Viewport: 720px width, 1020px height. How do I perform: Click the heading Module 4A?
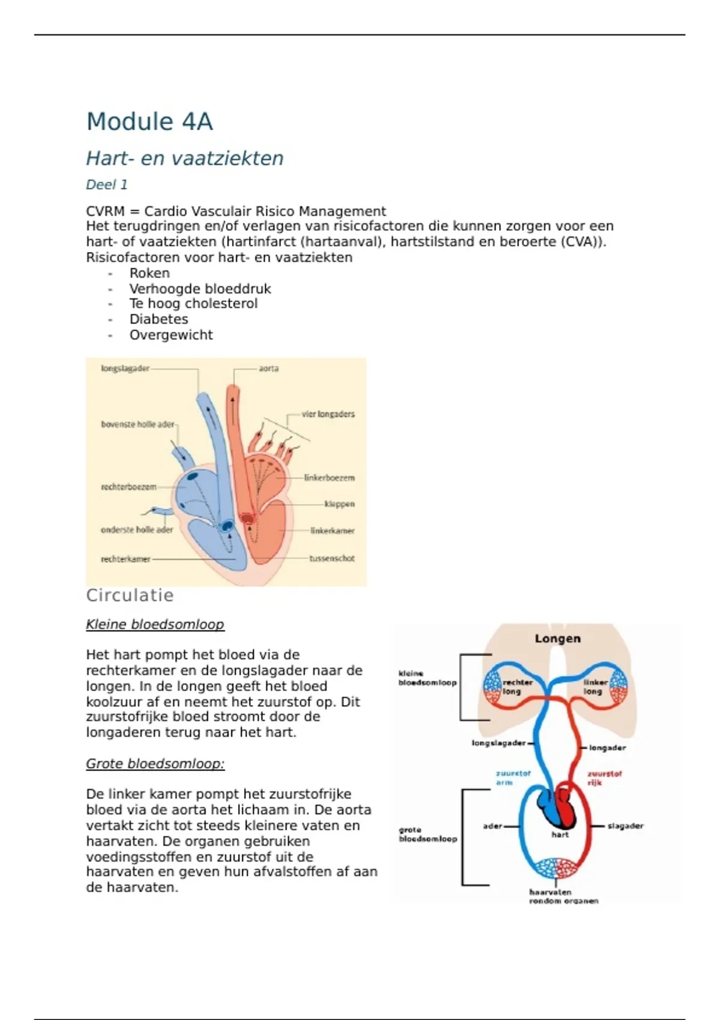pyautogui.click(x=149, y=122)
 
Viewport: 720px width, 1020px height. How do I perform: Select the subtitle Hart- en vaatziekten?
pyautogui.click(x=185, y=158)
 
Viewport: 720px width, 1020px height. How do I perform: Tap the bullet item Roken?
pyautogui.click(x=149, y=273)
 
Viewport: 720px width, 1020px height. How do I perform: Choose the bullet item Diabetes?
pyautogui.click(x=158, y=319)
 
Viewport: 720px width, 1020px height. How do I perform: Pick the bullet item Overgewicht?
pyautogui.click(x=171, y=335)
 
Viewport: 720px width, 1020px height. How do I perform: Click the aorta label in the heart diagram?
pyautogui.click(x=268, y=368)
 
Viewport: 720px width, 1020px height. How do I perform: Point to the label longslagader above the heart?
pyautogui.click(x=125, y=368)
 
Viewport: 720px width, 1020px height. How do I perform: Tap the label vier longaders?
pyautogui.click(x=328, y=414)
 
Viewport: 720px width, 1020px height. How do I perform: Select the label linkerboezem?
pyautogui.click(x=329, y=478)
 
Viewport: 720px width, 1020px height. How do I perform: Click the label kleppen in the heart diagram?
pyautogui.click(x=339, y=504)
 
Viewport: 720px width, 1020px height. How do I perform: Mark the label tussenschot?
pyautogui.click(x=332, y=559)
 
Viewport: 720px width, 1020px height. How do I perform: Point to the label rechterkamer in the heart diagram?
pyautogui.click(x=125, y=559)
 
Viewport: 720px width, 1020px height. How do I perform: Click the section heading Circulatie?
pyautogui.click(x=130, y=595)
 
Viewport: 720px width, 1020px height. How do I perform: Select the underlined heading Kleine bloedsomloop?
pyautogui.click(x=155, y=625)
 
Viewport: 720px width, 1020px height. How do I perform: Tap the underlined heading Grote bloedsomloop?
pyautogui.click(x=155, y=764)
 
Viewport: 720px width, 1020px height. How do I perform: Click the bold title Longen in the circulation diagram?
pyautogui.click(x=557, y=638)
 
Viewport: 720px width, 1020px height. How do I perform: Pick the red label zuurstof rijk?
pyautogui.click(x=604, y=778)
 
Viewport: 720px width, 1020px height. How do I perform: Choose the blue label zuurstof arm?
pyautogui.click(x=512, y=778)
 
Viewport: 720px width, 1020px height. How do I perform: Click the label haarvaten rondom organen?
pyautogui.click(x=563, y=896)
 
